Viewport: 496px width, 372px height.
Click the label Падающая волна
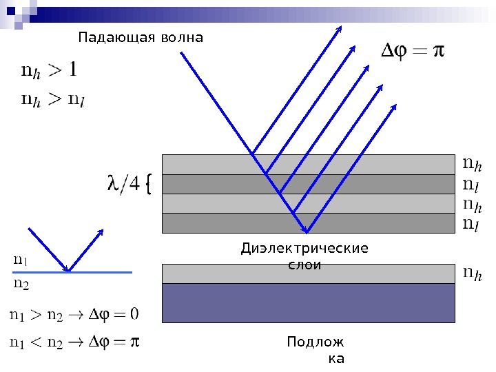(x=141, y=37)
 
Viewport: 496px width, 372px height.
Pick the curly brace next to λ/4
(x=149, y=184)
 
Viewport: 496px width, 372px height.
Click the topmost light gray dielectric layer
(x=207, y=165)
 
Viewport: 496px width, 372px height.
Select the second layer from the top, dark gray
(x=207, y=184)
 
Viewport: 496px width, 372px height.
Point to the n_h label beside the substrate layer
(x=471, y=274)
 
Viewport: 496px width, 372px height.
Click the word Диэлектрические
(x=304, y=249)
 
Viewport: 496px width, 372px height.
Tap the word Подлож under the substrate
(x=316, y=342)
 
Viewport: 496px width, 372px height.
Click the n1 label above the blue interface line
(x=21, y=260)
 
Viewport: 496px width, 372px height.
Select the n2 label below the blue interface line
(x=21, y=282)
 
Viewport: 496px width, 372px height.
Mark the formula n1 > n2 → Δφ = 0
(x=74, y=314)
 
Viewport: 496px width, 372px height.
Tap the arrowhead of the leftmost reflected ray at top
(x=340, y=29)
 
